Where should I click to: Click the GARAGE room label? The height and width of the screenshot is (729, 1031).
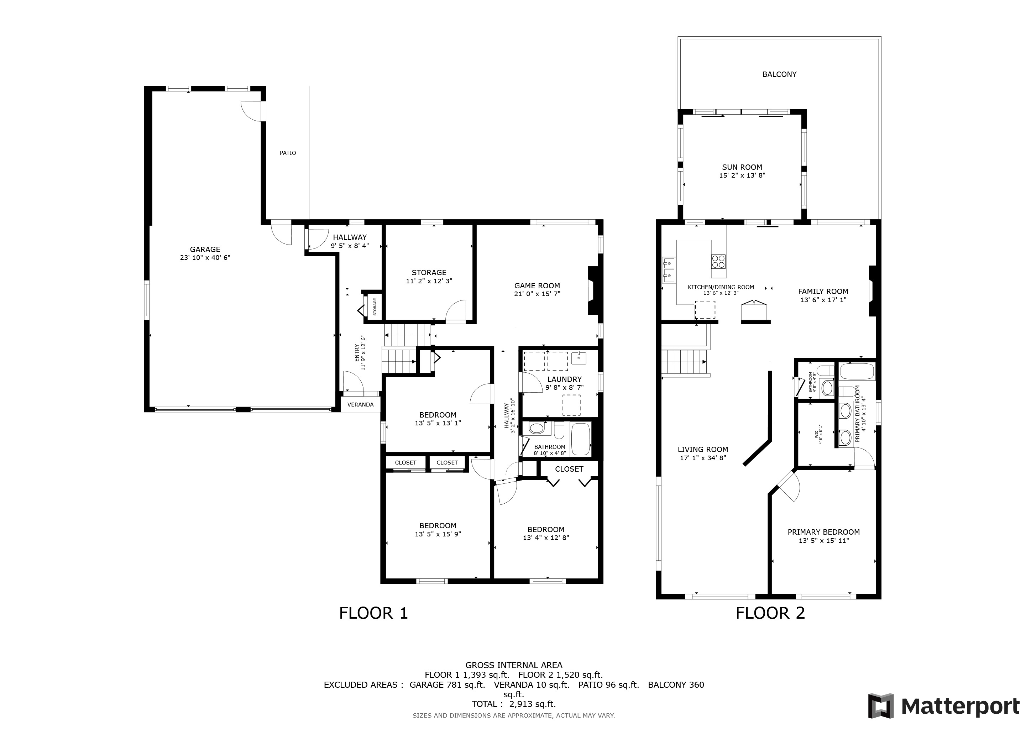coord(205,249)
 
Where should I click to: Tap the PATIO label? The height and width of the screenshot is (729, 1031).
coord(288,153)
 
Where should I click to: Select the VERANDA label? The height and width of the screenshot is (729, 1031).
coord(361,404)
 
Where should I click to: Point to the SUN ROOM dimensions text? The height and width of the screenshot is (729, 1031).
coord(742,175)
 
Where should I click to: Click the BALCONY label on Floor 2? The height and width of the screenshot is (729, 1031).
coord(780,74)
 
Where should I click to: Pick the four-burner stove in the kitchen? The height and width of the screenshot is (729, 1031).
coord(718,261)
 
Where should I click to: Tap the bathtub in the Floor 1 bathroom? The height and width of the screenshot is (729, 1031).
coord(580,440)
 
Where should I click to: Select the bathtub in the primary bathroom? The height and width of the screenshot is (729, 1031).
coord(857,372)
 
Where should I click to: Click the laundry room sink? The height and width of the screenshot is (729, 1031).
coord(579,358)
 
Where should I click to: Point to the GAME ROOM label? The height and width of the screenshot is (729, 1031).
coord(537,285)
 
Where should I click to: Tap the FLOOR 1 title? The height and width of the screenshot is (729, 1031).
coord(373,613)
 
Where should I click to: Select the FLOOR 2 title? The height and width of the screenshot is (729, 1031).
coord(770,613)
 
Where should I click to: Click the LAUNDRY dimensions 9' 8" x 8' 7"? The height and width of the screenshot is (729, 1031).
coord(564,387)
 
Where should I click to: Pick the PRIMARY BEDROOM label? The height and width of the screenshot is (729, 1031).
coord(823,532)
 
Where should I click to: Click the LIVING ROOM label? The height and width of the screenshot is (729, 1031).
coord(703,449)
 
